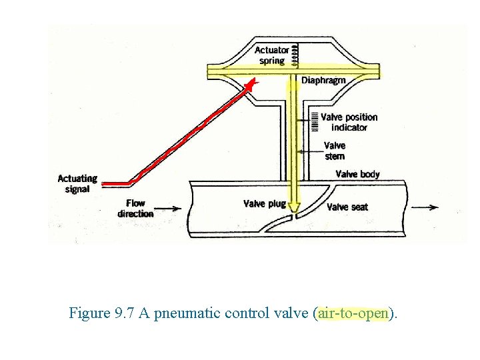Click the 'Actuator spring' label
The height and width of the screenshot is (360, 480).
[272, 55]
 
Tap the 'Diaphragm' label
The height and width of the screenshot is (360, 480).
[323, 81]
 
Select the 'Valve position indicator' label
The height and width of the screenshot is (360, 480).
[349, 122]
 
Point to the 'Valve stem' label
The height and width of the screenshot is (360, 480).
[335, 151]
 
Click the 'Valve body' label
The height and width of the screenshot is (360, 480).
[357, 174]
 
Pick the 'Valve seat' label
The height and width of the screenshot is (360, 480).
[347, 207]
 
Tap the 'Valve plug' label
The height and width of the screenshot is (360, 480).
[263, 204]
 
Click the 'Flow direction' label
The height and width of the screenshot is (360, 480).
[135, 208]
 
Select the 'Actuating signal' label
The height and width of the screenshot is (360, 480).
[77, 183]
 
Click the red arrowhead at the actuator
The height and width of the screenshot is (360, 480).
[251, 84]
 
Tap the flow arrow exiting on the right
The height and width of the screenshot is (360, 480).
[425, 207]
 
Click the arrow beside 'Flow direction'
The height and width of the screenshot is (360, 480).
[170, 208]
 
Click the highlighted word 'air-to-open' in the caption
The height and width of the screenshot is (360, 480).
[353, 313]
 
